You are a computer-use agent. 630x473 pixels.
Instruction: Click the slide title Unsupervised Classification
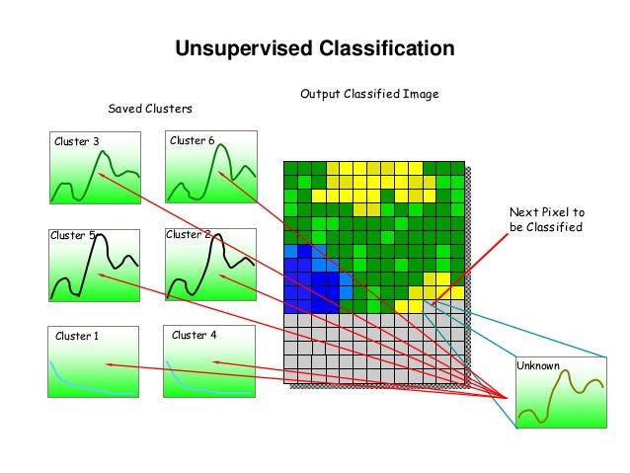314,48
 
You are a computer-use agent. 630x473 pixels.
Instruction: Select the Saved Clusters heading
149,107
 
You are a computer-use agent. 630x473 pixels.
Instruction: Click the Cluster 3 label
76,141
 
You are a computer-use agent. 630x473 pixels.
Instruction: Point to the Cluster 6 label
192,140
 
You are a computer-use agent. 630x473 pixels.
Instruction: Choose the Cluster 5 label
72,236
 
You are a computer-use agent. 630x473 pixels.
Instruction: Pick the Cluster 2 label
188,235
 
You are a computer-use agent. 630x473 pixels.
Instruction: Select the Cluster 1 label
77,336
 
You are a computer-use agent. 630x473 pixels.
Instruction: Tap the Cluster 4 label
194,335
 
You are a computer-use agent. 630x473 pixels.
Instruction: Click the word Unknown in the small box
538,366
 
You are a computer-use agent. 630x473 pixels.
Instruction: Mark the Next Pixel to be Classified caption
546,219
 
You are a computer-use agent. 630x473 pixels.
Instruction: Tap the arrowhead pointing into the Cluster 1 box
108,364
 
